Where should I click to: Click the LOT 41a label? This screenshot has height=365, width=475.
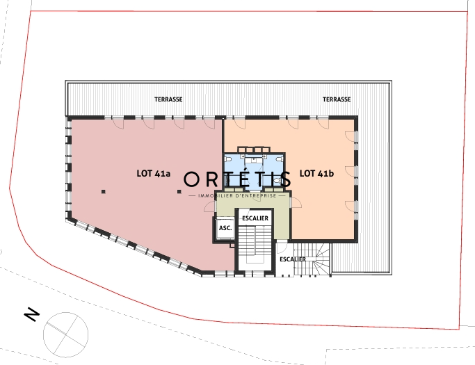pos(153,174)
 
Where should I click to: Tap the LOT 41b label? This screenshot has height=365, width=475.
pos(316,174)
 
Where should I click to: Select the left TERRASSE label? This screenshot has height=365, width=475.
pos(168,99)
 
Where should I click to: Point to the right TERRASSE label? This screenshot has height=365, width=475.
pos(337,99)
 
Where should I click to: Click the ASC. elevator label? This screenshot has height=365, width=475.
pos(225,228)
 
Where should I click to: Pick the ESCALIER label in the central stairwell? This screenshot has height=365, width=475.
pos(255,218)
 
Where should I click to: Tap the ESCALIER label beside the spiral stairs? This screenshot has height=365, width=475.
pos(293,259)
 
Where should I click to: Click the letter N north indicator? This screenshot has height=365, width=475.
pos(31,314)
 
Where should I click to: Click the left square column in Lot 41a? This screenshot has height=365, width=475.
pos(104,191)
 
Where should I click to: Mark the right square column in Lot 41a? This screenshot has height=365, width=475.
pos(179,191)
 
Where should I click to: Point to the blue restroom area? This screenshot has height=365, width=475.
pos(254,172)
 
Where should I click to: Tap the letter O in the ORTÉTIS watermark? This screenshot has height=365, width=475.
pos(191,179)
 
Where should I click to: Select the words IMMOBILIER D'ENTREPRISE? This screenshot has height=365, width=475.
pos(237,196)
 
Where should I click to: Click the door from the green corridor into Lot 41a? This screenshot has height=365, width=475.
pos(209,206)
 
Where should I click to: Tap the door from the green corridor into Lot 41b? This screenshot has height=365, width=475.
pos(296,202)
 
